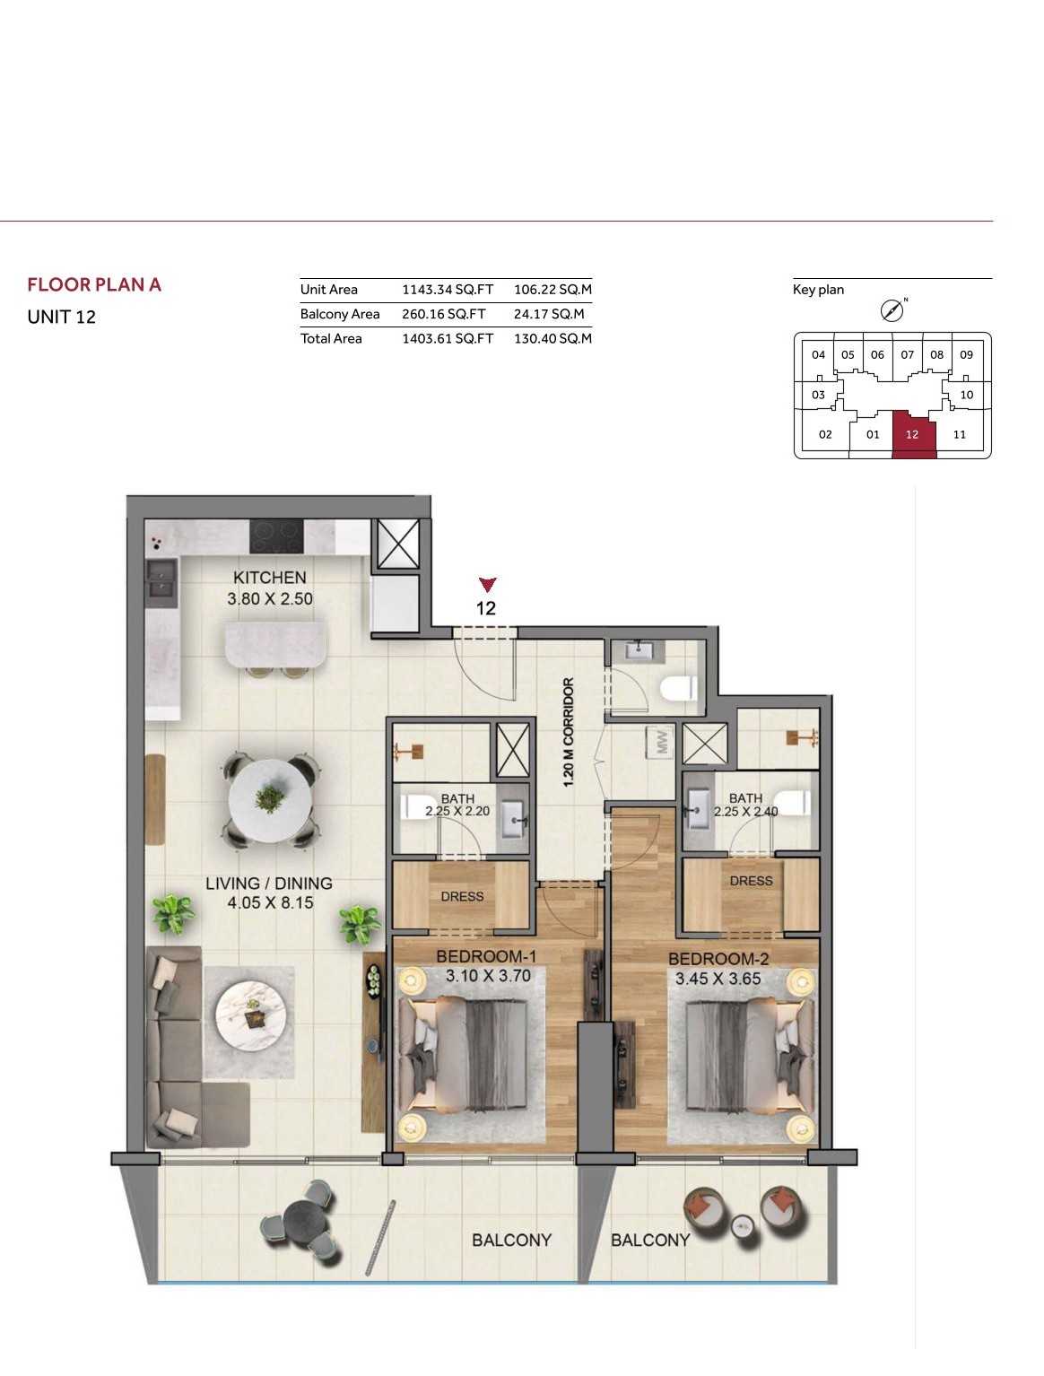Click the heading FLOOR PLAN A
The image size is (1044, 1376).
[x=94, y=284]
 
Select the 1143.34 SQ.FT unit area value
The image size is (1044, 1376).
[x=448, y=290]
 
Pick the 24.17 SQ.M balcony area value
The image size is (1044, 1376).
[x=548, y=314]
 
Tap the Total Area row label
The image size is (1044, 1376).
[x=331, y=338]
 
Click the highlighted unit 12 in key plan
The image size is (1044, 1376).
[x=913, y=434]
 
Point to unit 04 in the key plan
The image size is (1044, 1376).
[x=818, y=355]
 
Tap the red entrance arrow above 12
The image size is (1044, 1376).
[x=488, y=584]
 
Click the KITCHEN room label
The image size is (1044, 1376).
[x=269, y=578]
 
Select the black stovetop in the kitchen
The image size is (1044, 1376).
[x=276, y=536]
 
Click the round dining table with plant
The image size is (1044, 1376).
[x=269, y=801]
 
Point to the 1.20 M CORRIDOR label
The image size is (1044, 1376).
[x=569, y=732]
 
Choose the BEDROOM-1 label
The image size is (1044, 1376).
[x=486, y=956]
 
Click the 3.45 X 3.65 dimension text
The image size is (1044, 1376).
[x=718, y=979]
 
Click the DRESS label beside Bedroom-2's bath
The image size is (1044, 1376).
[x=751, y=881]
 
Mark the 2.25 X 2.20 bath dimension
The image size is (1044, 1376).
[x=457, y=811]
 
